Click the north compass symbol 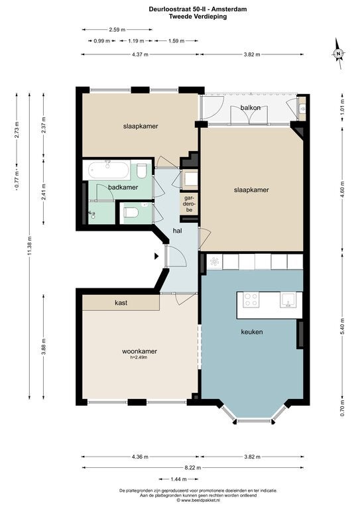click(338, 54)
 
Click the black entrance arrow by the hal click(156, 256)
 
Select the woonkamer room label click(140, 351)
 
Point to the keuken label click(252, 332)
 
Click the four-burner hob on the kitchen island click(251, 300)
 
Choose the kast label click(121, 303)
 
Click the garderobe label click(188, 203)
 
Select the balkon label click(251, 107)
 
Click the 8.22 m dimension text click(193, 468)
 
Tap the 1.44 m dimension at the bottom click(178, 479)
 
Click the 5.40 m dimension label click(342, 325)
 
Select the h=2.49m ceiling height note click(139, 357)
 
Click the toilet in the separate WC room click(131, 213)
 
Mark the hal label click(177, 231)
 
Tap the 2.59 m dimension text click(117, 30)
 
